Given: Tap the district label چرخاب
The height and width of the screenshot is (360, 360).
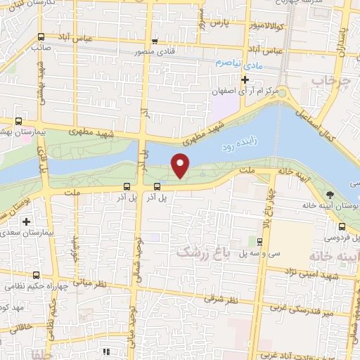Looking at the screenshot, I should click(x=326, y=82).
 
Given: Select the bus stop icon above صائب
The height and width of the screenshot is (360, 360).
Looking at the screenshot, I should click(x=41, y=38).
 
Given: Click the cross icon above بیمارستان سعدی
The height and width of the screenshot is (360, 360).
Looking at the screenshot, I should click(x=26, y=222).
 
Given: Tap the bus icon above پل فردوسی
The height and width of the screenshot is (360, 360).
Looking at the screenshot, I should click(x=342, y=226).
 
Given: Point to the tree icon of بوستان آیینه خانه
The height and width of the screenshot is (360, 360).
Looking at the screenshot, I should click(x=331, y=195).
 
